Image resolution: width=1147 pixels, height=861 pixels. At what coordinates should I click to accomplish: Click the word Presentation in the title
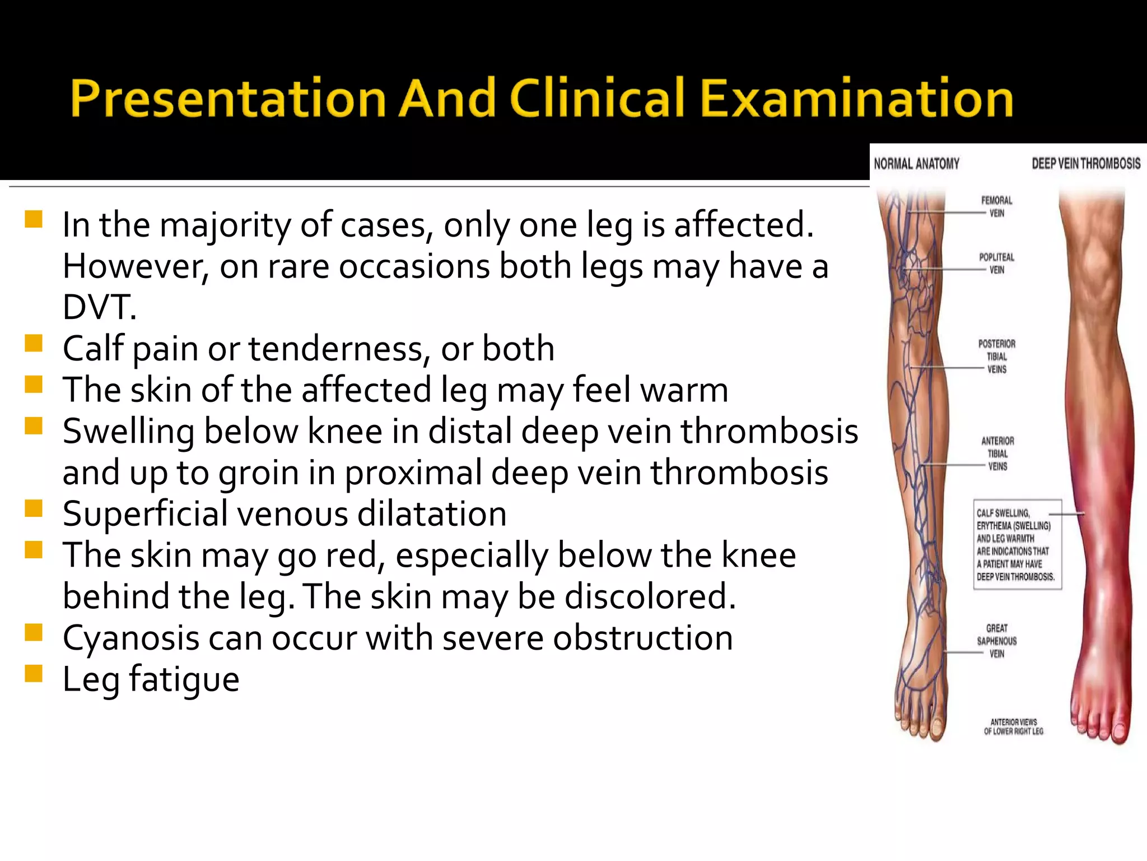[227, 99]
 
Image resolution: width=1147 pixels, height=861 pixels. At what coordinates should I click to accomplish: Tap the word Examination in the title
[856, 99]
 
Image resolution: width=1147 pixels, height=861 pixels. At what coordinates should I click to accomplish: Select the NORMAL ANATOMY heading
[916, 164]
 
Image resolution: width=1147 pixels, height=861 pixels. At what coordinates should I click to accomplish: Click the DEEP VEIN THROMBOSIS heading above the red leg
[1086, 164]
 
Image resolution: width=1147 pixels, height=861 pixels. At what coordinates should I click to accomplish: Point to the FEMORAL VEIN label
[996, 207]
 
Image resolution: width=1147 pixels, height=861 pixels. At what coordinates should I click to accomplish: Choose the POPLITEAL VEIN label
[996, 263]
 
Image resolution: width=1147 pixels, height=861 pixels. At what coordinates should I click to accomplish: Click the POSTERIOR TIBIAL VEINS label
[996, 357]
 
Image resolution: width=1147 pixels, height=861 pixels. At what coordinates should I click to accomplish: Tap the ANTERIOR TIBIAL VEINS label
[997, 453]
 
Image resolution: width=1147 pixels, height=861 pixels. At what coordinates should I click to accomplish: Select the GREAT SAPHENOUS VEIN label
[996, 641]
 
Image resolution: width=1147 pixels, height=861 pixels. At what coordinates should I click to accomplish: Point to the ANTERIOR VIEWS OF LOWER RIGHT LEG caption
[1013, 726]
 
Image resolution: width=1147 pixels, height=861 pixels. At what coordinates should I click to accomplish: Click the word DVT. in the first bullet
[99, 307]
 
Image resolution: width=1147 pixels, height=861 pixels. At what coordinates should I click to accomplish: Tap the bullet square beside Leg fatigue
[34, 673]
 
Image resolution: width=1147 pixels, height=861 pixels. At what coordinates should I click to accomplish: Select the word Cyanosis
[130, 638]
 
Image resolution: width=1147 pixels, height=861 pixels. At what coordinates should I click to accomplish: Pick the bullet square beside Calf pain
[34, 343]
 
